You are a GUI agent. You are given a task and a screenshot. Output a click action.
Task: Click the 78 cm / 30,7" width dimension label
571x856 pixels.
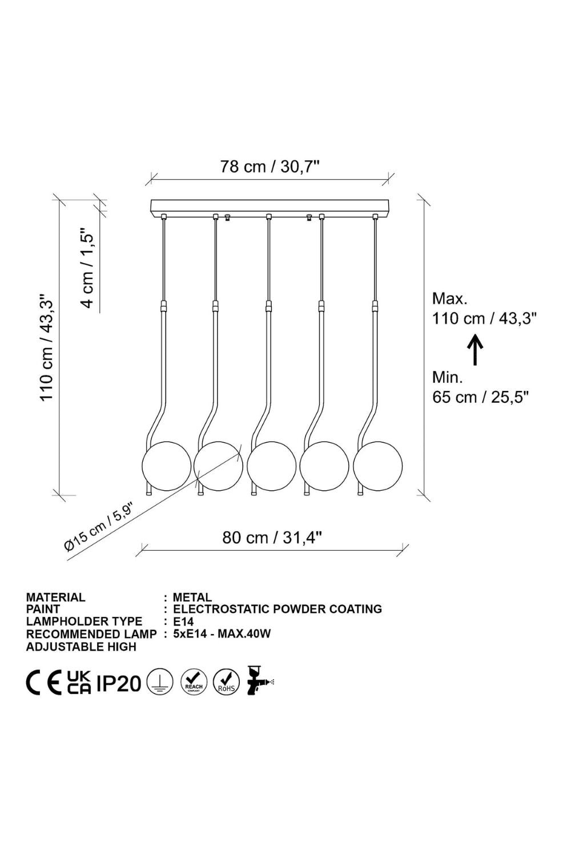(x=270, y=167)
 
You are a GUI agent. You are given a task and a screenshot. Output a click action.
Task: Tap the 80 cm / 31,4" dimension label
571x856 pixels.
(x=272, y=538)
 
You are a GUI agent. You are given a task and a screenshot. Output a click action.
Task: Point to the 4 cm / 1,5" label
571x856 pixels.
(x=87, y=268)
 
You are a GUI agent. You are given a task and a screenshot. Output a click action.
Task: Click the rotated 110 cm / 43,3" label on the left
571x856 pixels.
(x=47, y=347)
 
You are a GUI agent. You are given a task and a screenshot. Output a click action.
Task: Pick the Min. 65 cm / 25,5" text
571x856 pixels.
(x=480, y=387)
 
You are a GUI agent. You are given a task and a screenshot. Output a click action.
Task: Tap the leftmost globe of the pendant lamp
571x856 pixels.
(x=166, y=466)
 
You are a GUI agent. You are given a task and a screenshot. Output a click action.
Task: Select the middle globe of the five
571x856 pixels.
(x=272, y=466)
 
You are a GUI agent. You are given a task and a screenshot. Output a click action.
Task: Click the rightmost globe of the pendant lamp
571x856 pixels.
(x=377, y=466)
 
